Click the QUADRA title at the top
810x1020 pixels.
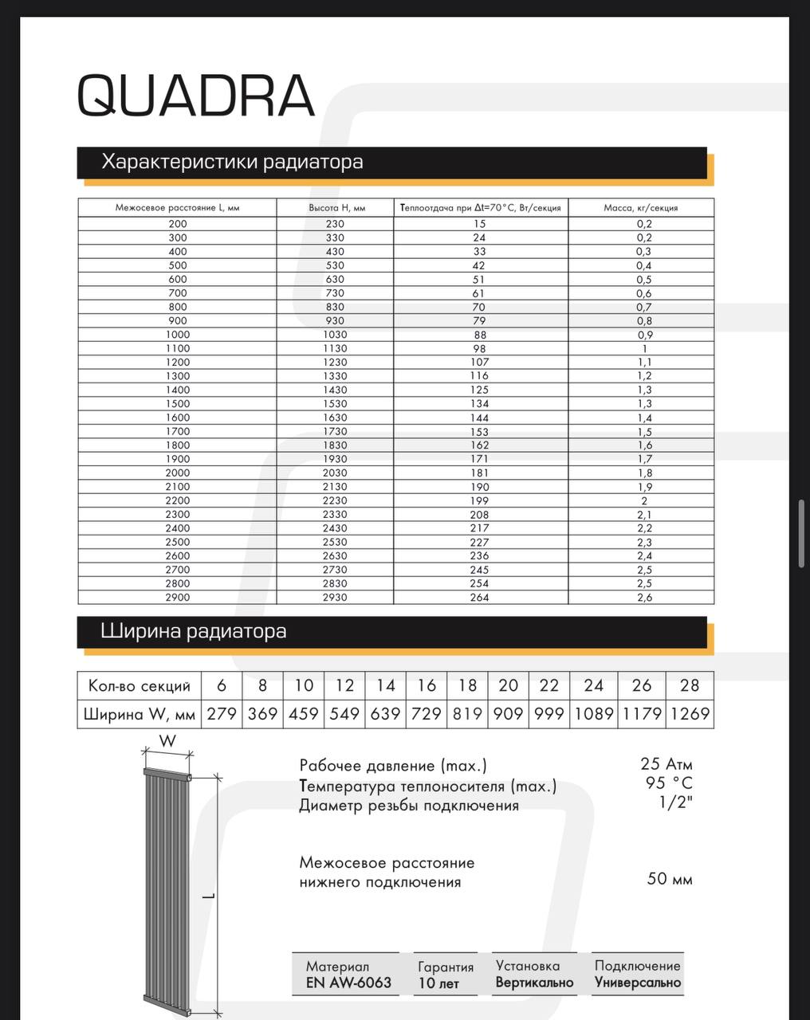(x=196, y=96)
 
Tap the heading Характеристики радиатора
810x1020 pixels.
(x=232, y=162)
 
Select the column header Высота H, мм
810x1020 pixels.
(x=336, y=208)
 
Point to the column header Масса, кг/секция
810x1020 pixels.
(x=640, y=208)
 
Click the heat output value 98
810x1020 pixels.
(x=479, y=348)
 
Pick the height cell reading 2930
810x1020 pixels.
(x=336, y=597)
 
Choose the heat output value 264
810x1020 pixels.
(x=479, y=597)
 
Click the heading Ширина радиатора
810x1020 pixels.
(x=194, y=632)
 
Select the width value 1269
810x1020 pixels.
(x=690, y=714)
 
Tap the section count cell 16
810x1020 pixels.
(x=427, y=685)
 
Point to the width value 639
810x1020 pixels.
(x=385, y=714)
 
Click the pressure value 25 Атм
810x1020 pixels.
(x=666, y=765)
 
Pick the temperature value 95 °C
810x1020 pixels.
(x=669, y=784)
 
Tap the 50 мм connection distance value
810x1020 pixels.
(x=670, y=879)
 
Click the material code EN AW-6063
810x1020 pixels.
(x=348, y=983)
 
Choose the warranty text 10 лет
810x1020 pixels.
(x=438, y=983)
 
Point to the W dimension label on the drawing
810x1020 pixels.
(x=167, y=741)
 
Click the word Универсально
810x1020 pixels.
(x=638, y=983)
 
